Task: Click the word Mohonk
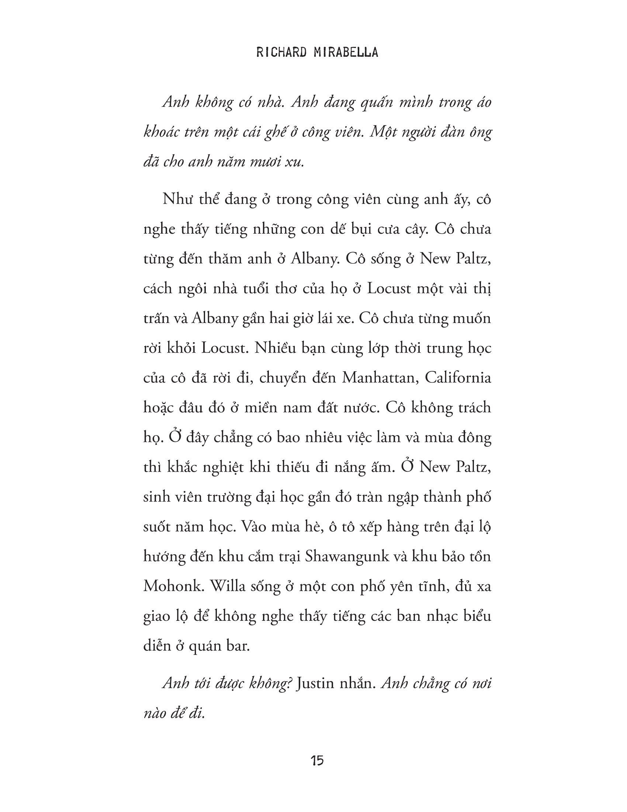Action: [173, 586]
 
